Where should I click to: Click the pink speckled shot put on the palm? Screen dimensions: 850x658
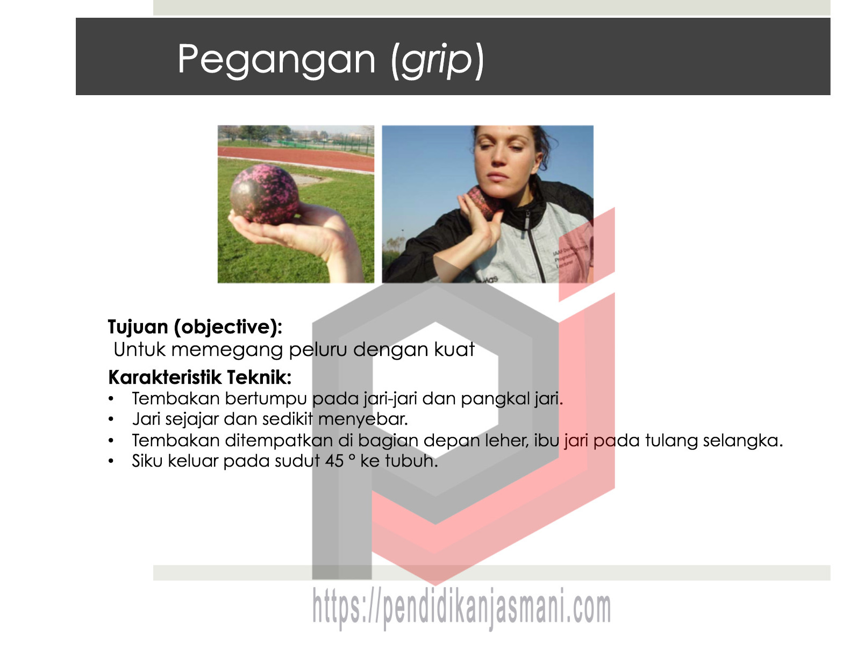(x=265, y=194)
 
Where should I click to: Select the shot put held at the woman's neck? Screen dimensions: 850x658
(x=482, y=202)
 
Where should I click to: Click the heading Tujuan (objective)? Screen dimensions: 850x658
(x=195, y=327)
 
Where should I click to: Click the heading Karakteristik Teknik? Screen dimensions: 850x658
(x=199, y=377)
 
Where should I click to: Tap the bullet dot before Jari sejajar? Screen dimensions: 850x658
(x=111, y=419)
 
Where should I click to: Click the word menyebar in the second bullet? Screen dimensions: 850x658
(x=362, y=419)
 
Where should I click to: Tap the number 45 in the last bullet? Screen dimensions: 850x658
(x=334, y=461)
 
